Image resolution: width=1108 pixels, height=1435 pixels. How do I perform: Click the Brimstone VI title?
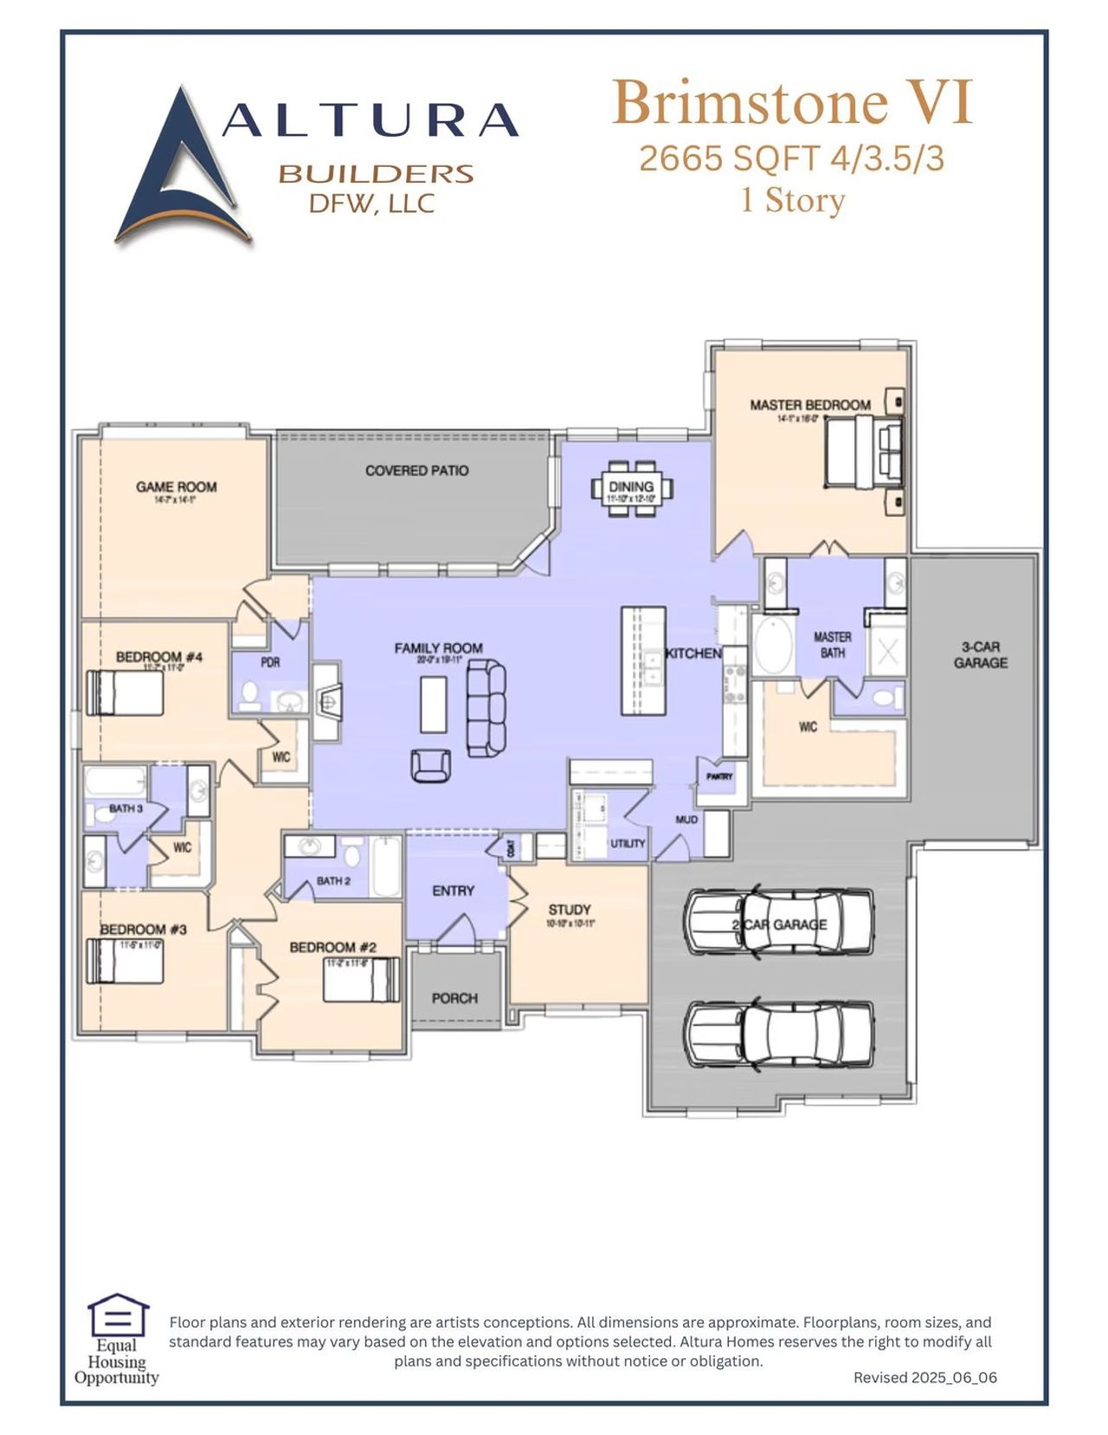792,103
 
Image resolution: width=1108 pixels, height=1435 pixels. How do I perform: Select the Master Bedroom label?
809,405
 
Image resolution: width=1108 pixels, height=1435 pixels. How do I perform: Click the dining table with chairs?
631,489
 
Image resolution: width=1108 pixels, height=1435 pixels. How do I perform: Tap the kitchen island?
643,660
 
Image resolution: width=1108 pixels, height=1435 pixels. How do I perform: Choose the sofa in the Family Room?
486,707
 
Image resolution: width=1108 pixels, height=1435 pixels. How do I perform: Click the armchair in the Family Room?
430,765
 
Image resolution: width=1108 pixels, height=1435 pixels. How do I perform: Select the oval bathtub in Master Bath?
773,645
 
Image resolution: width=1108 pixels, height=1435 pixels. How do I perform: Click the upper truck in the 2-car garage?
779,922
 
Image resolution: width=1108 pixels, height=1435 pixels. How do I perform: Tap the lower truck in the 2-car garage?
779,1034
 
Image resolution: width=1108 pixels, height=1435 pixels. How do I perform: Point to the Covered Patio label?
416,471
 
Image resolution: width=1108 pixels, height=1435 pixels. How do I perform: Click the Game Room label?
176,487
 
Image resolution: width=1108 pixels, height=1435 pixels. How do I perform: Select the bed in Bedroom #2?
362,981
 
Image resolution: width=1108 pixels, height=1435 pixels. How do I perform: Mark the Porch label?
454,998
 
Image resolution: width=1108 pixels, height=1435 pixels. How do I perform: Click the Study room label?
570,910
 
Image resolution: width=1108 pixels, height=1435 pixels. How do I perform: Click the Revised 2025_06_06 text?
924,1377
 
